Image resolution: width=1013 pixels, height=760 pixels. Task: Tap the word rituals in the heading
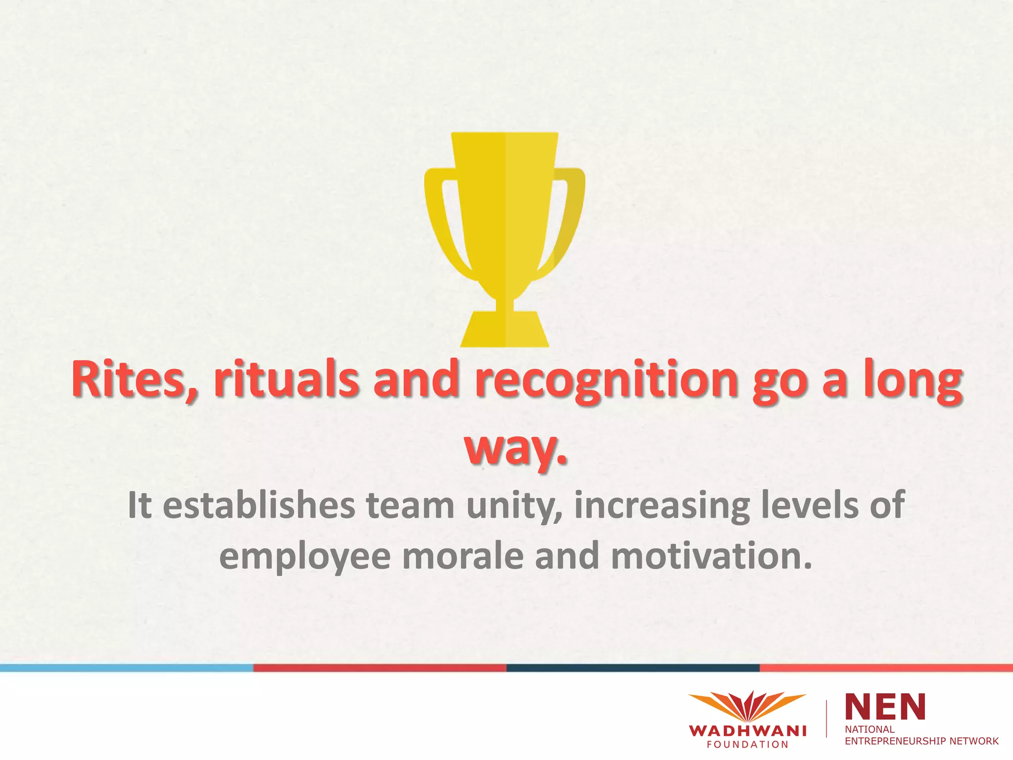286,380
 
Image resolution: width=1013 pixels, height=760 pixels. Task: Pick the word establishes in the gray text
259,506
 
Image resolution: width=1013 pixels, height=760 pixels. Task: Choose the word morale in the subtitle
463,556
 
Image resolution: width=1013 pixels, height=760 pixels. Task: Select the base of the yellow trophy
505,329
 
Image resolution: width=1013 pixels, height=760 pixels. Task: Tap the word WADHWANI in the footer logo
747,731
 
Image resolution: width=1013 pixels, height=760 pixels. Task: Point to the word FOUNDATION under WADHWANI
747,745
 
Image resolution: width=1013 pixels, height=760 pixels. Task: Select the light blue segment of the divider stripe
127,668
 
